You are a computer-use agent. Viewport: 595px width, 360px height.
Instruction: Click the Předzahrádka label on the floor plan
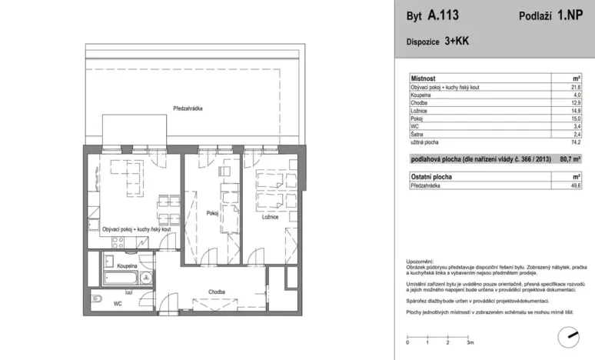point(188,109)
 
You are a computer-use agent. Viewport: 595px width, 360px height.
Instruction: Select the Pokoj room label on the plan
point(213,213)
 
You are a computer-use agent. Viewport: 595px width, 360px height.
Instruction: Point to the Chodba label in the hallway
point(216,292)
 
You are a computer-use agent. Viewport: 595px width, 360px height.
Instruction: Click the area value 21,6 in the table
point(576,87)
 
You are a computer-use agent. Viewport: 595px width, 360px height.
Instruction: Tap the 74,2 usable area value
point(576,142)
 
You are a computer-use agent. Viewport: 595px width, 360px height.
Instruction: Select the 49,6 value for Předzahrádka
point(576,185)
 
